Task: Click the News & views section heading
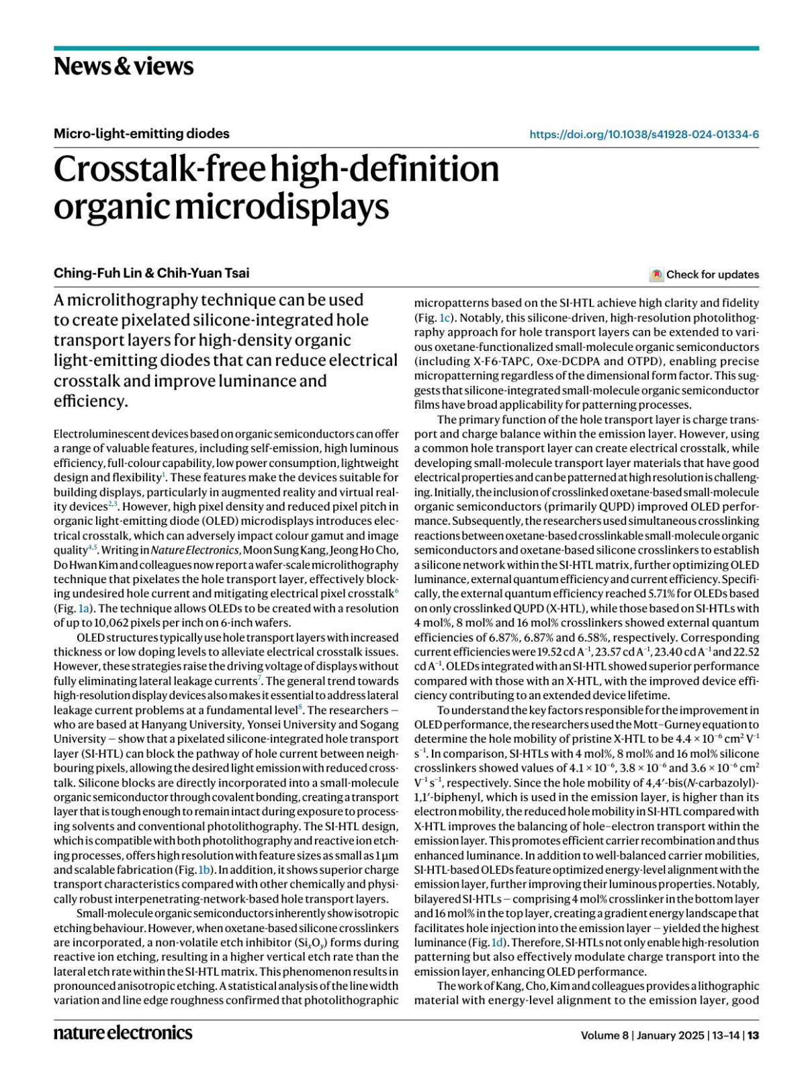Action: click(x=124, y=66)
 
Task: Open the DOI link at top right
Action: click(x=643, y=134)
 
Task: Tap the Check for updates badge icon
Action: click(x=657, y=274)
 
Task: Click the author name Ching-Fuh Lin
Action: click(x=96, y=272)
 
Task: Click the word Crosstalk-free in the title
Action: click(x=160, y=169)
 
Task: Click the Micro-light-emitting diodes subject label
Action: click(x=141, y=134)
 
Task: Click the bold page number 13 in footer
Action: click(x=754, y=1035)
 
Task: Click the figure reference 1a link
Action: click(x=83, y=609)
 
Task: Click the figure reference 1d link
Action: click(x=498, y=943)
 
